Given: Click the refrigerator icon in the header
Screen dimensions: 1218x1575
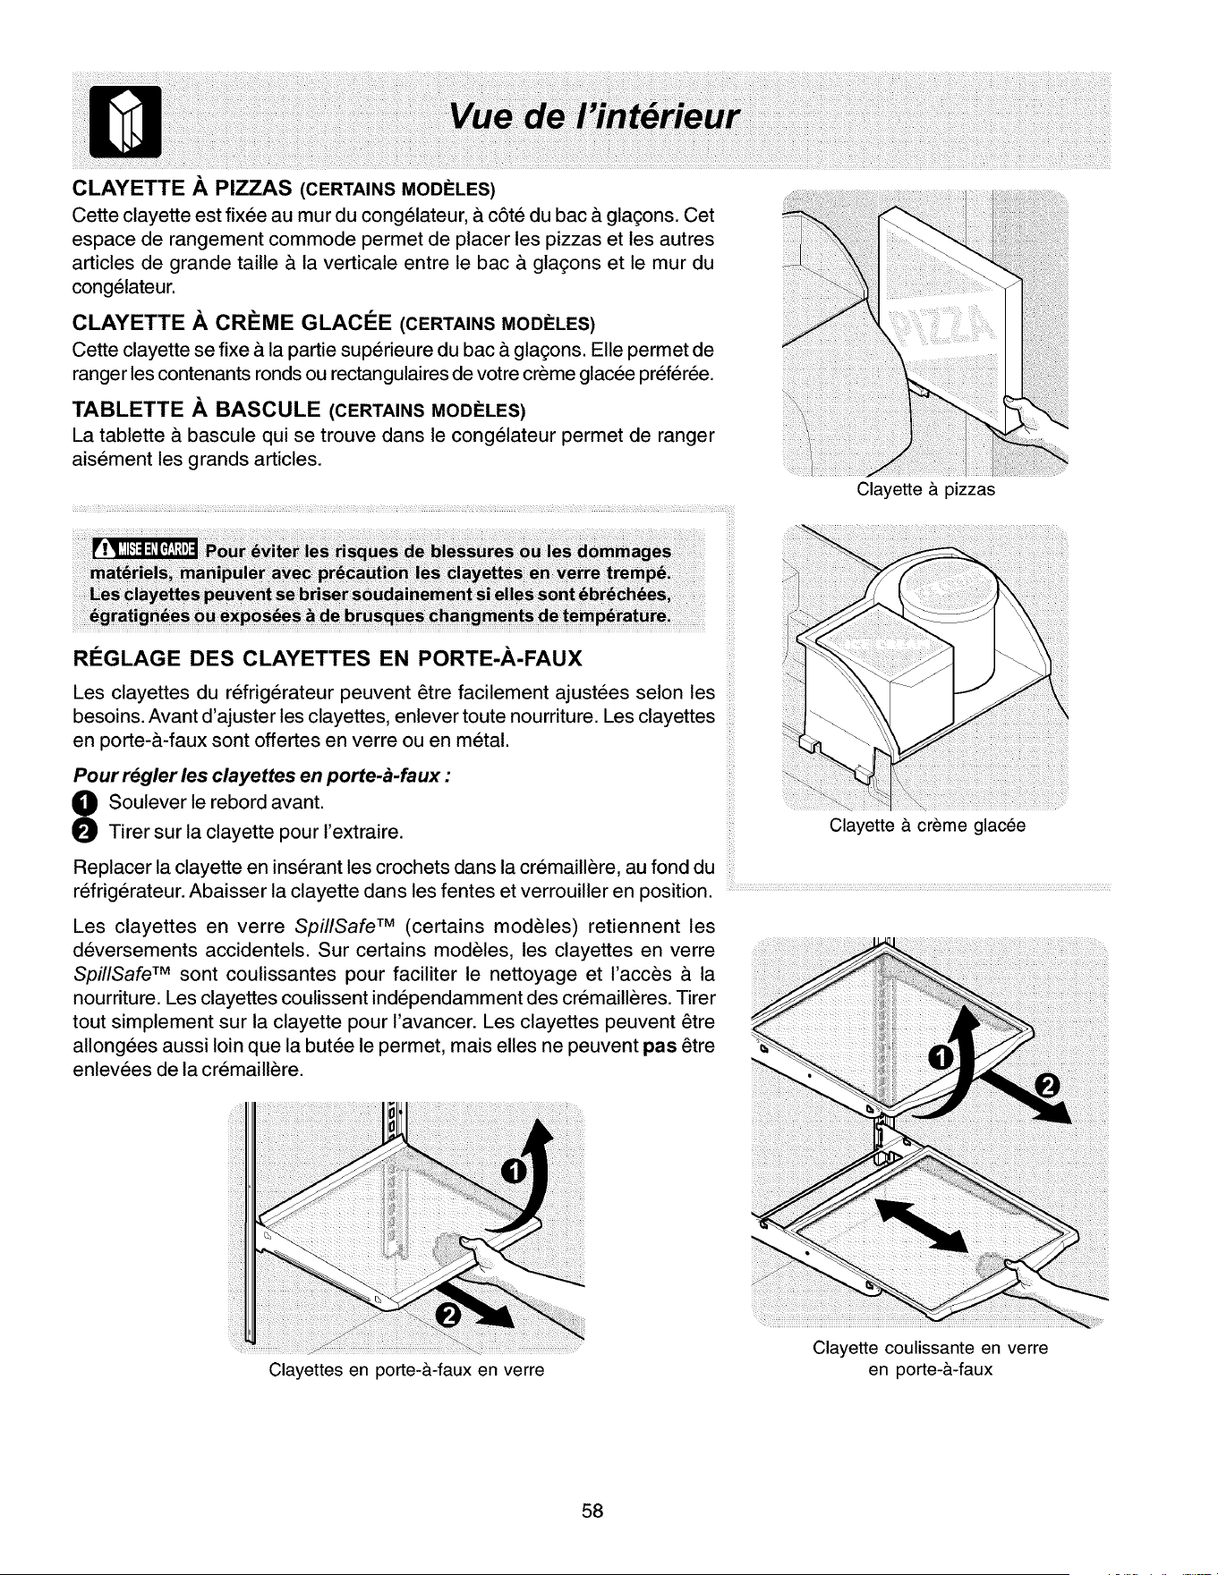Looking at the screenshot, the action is click(x=127, y=122).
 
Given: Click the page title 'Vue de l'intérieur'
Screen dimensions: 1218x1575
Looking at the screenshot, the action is click(x=594, y=117).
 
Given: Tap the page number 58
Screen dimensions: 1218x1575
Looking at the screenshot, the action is click(x=593, y=1511).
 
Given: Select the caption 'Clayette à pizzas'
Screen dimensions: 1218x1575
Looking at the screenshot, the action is click(x=925, y=490).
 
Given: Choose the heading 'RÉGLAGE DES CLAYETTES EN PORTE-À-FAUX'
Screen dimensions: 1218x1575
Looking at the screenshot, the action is click(x=328, y=659).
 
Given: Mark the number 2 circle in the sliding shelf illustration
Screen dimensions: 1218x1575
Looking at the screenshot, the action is click(x=1045, y=1088).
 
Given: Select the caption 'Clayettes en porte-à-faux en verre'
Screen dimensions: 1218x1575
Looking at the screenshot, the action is click(x=406, y=1369).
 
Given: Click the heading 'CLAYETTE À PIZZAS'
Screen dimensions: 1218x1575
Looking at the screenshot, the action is click(x=179, y=189).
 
